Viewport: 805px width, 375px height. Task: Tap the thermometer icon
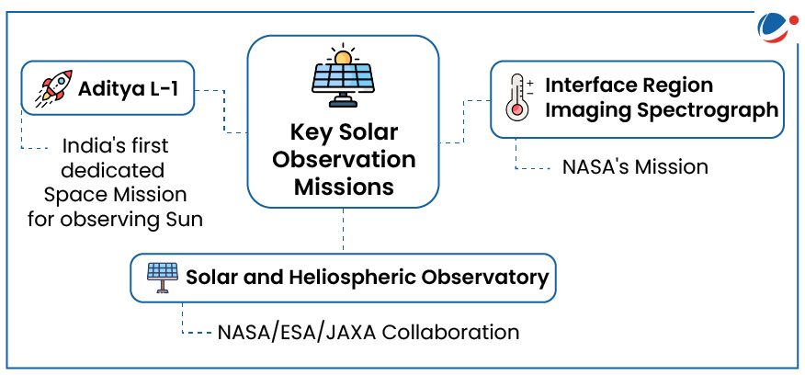pyautogui.click(x=518, y=97)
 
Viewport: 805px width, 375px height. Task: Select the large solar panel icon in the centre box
pyautogui.click(x=343, y=78)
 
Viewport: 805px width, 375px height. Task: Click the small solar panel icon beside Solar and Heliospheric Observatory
pyautogui.click(x=164, y=278)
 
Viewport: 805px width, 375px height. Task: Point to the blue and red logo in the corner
pyautogui.click(x=777, y=27)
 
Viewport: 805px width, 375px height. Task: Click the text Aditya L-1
pyautogui.click(x=130, y=88)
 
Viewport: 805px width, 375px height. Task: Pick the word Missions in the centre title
pyautogui.click(x=344, y=187)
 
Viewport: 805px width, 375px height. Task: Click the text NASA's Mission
pyautogui.click(x=635, y=167)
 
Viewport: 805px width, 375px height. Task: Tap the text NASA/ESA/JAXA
pyautogui.click(x=297, y=332)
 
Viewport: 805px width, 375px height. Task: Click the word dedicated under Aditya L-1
pyautogui.click(x=115, y=170)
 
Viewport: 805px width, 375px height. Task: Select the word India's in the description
pyautogui.click(x=86, y=146)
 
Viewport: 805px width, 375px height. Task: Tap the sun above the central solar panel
pyautogui.click(x=343, y=55)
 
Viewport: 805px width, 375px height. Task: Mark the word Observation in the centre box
pyautogui.click(x=344, y=160)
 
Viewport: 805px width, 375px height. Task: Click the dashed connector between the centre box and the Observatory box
pyautogui.click(x=343, y=230)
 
